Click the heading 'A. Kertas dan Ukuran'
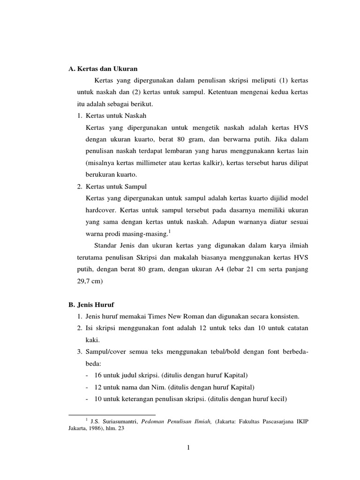103,69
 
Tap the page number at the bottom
188,447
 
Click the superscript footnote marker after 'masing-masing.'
169,231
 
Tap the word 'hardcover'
100,210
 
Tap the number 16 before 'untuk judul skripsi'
97,375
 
